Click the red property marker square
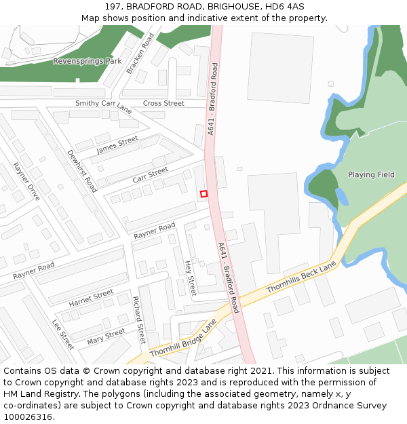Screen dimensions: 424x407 pyautogui.click(x=203, y=194)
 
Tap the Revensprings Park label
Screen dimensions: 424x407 pyautogui.click(x=88, y=61)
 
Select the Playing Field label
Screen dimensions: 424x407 pyautogui.click(x=371, y=174)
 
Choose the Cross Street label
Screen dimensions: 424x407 pyautogui.click(x=163, y=103)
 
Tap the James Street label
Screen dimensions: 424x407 pyautogui.click(x=117, y=144)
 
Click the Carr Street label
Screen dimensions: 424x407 pyautogui.click(x=150, y=174)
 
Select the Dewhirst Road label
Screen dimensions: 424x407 pyautogui.click(x=81, y=171)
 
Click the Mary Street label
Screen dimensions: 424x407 pyautogui.click(x=106, y=335)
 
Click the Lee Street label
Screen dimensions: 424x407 pyautogui.click(x=63, y=334)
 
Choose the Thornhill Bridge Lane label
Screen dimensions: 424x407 pyautogui.click(x=183, y=339)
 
